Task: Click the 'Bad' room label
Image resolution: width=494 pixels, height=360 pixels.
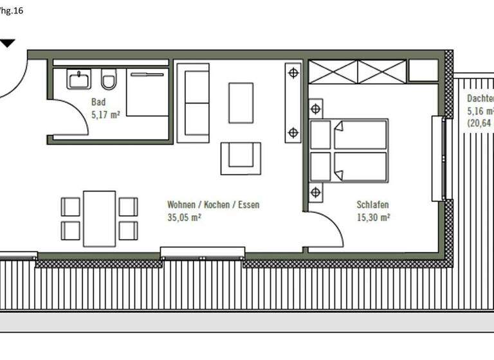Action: coord(98,102)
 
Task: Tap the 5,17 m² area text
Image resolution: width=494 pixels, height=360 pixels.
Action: coord(105,115)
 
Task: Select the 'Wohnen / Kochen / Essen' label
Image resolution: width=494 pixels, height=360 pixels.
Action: coord(214,205)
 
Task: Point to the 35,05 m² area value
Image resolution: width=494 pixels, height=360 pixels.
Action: coord(184,217)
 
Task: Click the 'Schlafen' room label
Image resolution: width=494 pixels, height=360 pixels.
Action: coord(373,205)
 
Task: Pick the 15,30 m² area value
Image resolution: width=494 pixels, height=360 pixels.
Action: coord(374,217)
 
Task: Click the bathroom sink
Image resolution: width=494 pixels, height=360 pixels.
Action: coord(79,79)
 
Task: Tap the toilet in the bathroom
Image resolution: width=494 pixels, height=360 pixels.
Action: coord(109,80)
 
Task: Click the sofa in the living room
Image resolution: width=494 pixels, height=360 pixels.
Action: coord(194,103)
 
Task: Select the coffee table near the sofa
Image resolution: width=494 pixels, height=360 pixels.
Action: coord(241,102)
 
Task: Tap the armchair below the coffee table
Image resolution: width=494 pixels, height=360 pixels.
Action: coord(241,157)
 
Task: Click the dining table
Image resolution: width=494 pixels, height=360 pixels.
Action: coord(99,218)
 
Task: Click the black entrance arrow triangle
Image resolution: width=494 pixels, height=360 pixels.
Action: coord(7,43)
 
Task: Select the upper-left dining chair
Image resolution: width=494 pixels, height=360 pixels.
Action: coord(71,206)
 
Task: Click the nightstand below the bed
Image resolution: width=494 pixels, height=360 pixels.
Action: coord(315,192)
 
